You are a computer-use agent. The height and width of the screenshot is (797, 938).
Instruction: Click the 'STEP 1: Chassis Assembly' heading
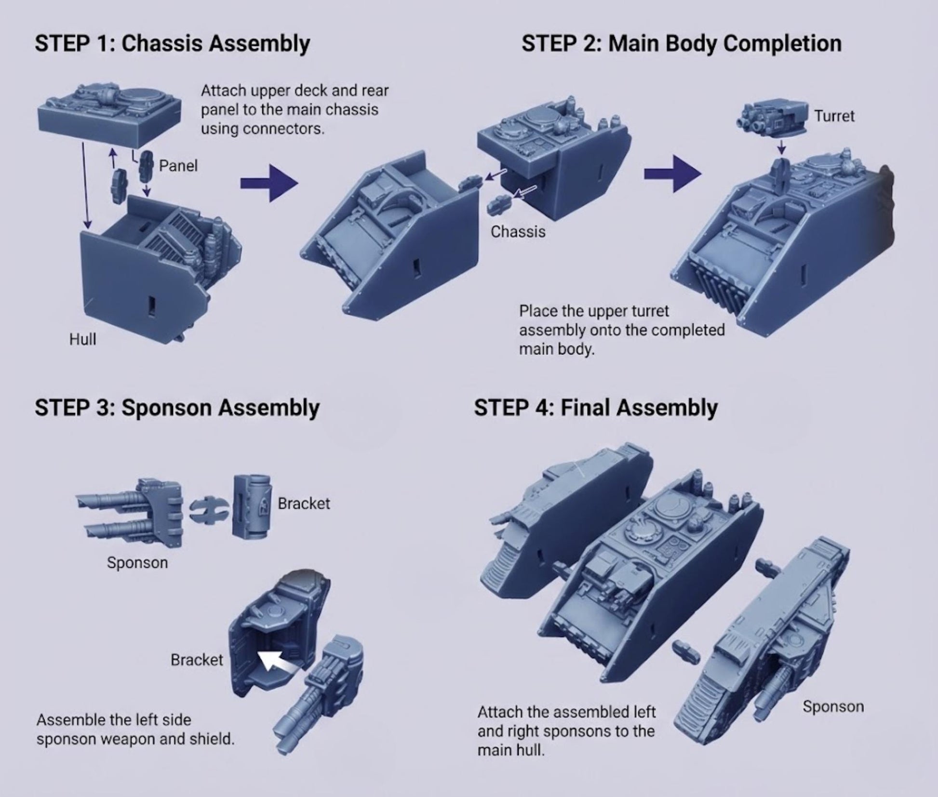click(x=172, y=43)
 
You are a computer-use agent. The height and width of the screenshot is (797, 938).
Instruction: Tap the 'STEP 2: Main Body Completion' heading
click(x=681, y=43)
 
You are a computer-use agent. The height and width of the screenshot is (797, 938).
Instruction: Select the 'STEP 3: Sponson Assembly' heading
click(x=177, y=408)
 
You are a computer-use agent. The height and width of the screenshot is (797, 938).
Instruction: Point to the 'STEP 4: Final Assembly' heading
click(x=596, y=408)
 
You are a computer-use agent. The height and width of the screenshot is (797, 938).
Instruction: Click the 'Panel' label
click(x=178, y=166)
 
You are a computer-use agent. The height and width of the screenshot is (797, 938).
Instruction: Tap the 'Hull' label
click(x=82, y=339)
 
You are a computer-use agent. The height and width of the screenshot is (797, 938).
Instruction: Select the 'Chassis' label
click(x=518, y=232)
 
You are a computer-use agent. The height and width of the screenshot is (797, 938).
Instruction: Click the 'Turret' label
click(x=834, y=116)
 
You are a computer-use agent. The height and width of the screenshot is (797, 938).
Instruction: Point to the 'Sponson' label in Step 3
click(x=137, y=562)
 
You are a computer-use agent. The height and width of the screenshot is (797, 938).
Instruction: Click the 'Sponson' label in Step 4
click(x=833, y=706)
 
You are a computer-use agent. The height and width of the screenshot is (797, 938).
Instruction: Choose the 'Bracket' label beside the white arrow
click(x=197, y=660)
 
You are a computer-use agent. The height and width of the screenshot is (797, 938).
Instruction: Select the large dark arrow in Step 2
click(x=672, y=173)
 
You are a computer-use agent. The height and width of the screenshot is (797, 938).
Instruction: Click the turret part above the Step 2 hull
click(x=772, y=118)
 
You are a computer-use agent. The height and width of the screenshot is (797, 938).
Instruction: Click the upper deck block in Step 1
click(x=110, y=113)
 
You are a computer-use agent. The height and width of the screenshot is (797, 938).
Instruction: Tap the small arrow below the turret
click(x=781, y=146)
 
